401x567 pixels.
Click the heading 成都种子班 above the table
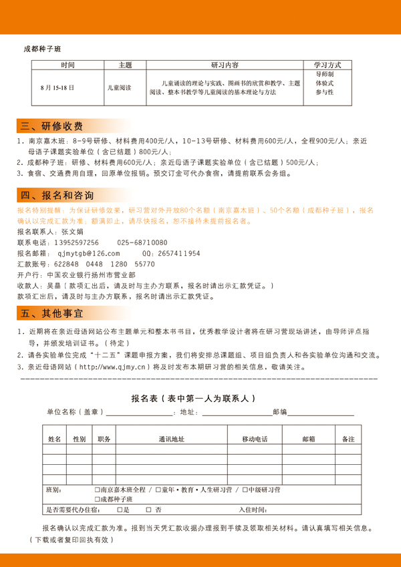[x=43, y=49]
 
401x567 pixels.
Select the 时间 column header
[x=68, y=65]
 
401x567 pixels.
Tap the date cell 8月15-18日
[x=57, y=87]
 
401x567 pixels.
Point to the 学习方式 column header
[x=327, y=65]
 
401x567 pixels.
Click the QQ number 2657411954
[x=177, y=254]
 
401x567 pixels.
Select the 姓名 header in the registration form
[x=55, y=439]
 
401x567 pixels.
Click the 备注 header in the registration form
[x=348, y=439]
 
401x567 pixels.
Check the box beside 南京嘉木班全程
[x=98, y=490]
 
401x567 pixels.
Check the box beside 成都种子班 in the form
[x=98, y=500]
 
